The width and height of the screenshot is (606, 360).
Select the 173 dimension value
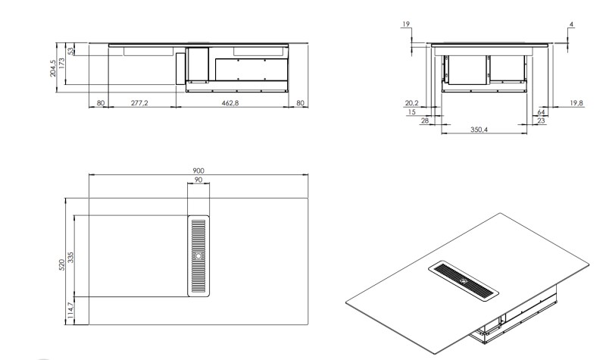pos(63,64)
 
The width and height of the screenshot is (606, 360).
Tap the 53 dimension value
pos(72,52)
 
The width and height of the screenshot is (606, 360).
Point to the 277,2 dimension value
pos(139,102)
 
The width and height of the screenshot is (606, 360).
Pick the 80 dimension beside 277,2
pos(100,102)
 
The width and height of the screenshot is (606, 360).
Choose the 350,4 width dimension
pos(478,130)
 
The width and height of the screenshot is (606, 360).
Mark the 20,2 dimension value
pos(411,103)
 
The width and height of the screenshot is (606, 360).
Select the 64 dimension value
pos(541,112)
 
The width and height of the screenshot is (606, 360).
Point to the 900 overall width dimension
pos(198,171)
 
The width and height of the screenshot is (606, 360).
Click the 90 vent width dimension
pos(198,180)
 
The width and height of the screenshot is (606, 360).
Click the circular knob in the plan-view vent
pos(198,255)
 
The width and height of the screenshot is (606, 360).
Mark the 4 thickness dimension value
pos(571,25)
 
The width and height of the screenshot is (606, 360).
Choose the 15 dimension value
pos(413,112)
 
